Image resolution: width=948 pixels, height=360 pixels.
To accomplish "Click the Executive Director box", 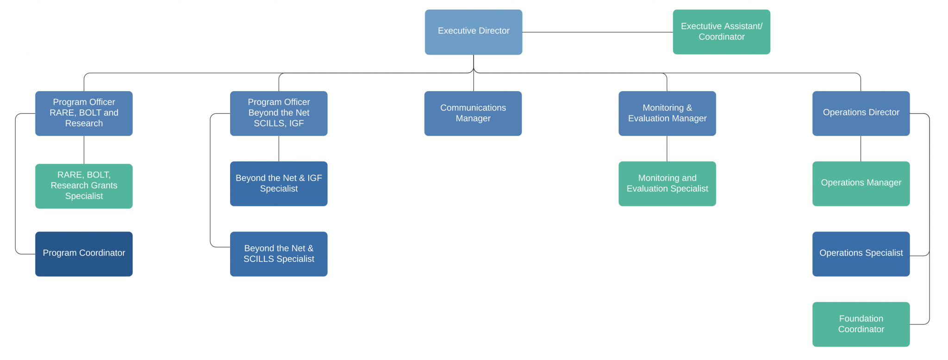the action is (474, 32).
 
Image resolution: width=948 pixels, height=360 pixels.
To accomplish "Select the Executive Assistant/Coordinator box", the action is (722, 32).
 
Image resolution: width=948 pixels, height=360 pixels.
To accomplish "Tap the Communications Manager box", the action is (473, 113).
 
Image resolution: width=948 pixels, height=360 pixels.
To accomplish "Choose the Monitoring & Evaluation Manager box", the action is (667, 113).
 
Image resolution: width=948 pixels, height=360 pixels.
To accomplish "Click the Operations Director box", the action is (861, 113).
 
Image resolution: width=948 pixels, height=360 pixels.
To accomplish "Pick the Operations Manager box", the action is (861, 184).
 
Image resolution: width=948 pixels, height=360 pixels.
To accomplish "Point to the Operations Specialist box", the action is (861, 254).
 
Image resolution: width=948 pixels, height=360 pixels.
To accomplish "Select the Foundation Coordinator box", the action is (861, 324).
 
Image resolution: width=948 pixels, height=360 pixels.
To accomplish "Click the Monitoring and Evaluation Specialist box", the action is (667, 184).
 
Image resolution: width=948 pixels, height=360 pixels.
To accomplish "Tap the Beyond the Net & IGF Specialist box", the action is (279, 184).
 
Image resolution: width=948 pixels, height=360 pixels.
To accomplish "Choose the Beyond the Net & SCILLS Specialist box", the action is (279, 254).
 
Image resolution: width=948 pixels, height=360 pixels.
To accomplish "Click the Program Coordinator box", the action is (84, 254).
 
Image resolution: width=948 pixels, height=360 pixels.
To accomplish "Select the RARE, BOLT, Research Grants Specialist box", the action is (84, 186).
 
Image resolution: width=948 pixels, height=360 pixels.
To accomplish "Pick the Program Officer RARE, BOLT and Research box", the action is (84, 113).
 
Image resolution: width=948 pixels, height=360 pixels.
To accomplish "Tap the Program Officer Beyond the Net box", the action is (279, 113).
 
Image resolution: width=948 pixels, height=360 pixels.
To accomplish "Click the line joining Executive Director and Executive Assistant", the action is (598, 32).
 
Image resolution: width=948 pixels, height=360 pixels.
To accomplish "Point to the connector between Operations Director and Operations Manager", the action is (861, 149).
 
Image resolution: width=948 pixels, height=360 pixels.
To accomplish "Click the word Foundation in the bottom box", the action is (861, 319).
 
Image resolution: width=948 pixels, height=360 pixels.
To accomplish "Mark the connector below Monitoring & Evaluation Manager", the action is (667, 149).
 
